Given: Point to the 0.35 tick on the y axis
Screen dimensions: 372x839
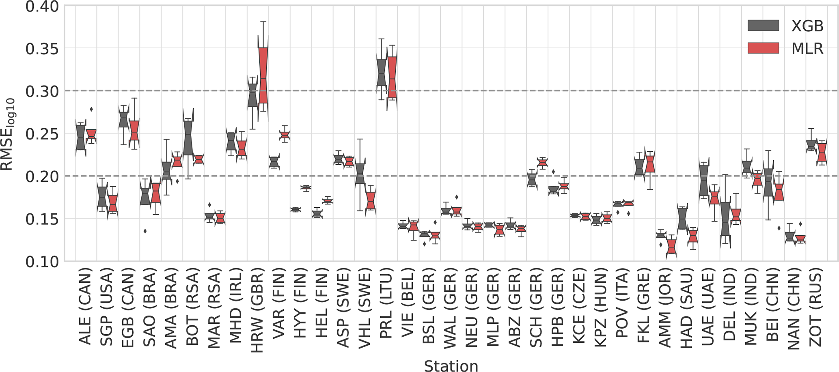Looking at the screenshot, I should click(42, 49).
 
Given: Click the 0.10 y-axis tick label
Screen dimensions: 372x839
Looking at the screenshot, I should click(42, 262).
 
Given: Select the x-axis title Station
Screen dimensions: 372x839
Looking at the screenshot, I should click(451, 366).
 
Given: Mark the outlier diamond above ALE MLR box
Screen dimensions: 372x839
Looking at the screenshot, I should click(91, 109).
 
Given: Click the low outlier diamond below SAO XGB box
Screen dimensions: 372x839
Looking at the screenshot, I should click(145, 231).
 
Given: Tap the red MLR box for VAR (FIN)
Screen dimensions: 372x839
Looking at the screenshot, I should click(285, 135).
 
